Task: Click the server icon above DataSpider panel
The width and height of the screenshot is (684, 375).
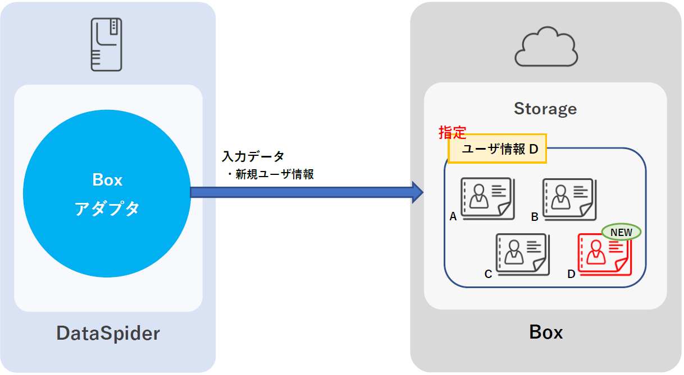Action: (107, 44)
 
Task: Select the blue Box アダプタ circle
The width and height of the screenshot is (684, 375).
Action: (107, 194)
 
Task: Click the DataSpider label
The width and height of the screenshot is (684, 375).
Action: (108, 334)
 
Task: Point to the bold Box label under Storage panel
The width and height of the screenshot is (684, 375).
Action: (546, 332)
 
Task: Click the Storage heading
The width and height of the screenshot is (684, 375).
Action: (545, 109)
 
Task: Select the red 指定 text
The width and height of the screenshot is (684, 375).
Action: (452, 133)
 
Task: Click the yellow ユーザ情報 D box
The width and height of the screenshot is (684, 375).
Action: (497, 149)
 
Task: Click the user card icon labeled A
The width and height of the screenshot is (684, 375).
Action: (486, 200)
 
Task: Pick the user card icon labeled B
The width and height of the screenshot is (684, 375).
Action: (568, 200)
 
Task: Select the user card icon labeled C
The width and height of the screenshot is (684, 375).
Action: (521, 254)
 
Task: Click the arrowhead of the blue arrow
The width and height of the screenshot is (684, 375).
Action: (417, 192)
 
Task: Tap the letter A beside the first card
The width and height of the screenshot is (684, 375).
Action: (453, 217)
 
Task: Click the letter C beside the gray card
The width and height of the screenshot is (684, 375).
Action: (488, 274)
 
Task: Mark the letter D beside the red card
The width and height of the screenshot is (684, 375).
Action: (571, 274)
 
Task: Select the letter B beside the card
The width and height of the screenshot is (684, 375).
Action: (535, 217)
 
